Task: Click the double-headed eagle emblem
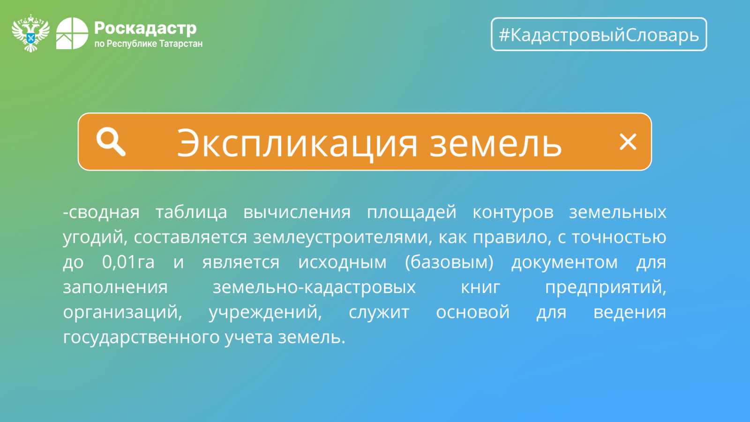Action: click(31, 33)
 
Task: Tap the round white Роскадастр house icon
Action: click(72, 33)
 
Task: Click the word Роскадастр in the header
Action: click(145, 29)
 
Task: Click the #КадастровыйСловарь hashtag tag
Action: click(599, 34)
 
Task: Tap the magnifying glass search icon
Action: click(111, 142)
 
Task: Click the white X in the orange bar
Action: click(628, 142)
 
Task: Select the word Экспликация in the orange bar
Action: click(297, 143)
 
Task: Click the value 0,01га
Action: click(128, 262)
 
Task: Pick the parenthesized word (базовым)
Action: click(449, 262)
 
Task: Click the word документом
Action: click(564, 263)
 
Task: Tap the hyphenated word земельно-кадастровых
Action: click(314, 287)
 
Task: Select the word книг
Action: click(480, 287)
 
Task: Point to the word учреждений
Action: click(265, 312)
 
